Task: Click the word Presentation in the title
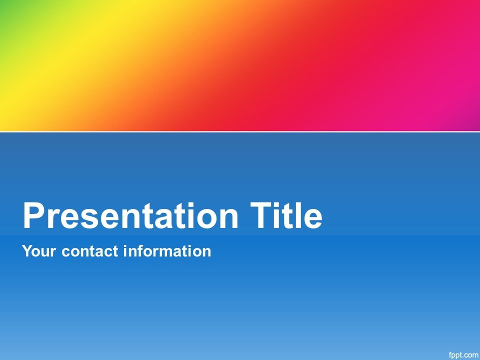pyautogui.click(x=130, y=215)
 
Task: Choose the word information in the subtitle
pyautogui.click(x=167, y=251)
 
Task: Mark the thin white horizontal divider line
pyautogui.click(x=240, y=131)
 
